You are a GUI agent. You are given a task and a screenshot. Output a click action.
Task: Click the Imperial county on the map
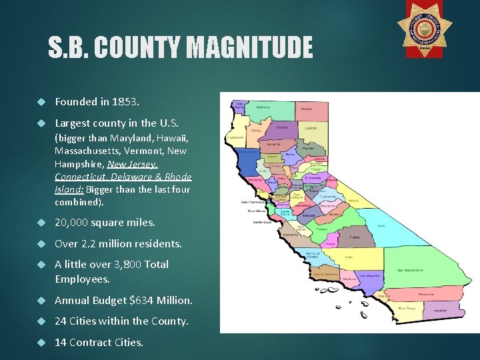[441, 309]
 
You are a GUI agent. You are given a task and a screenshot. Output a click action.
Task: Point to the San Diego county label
[407, 309]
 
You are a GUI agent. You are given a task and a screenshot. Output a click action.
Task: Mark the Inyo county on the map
[381, 227]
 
